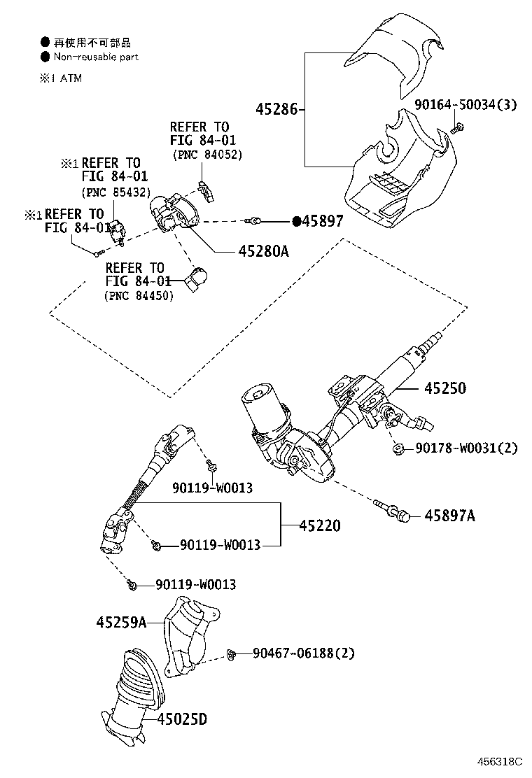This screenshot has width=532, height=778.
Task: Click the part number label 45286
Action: coord(277,109)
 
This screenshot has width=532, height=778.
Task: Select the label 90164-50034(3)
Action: coord(465,105)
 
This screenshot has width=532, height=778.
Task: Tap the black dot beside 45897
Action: coord(297,221)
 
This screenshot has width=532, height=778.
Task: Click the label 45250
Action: coord(443,388)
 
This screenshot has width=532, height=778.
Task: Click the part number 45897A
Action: coord(449,516)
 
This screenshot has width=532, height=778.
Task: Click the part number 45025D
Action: coord(182,719)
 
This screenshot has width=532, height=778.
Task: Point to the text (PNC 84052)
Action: coord(207,155)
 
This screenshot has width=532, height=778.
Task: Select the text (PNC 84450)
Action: coord(139,296)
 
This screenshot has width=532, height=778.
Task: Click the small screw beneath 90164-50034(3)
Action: coord(458,127)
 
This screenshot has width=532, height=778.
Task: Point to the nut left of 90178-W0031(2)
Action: coord(397,447)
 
